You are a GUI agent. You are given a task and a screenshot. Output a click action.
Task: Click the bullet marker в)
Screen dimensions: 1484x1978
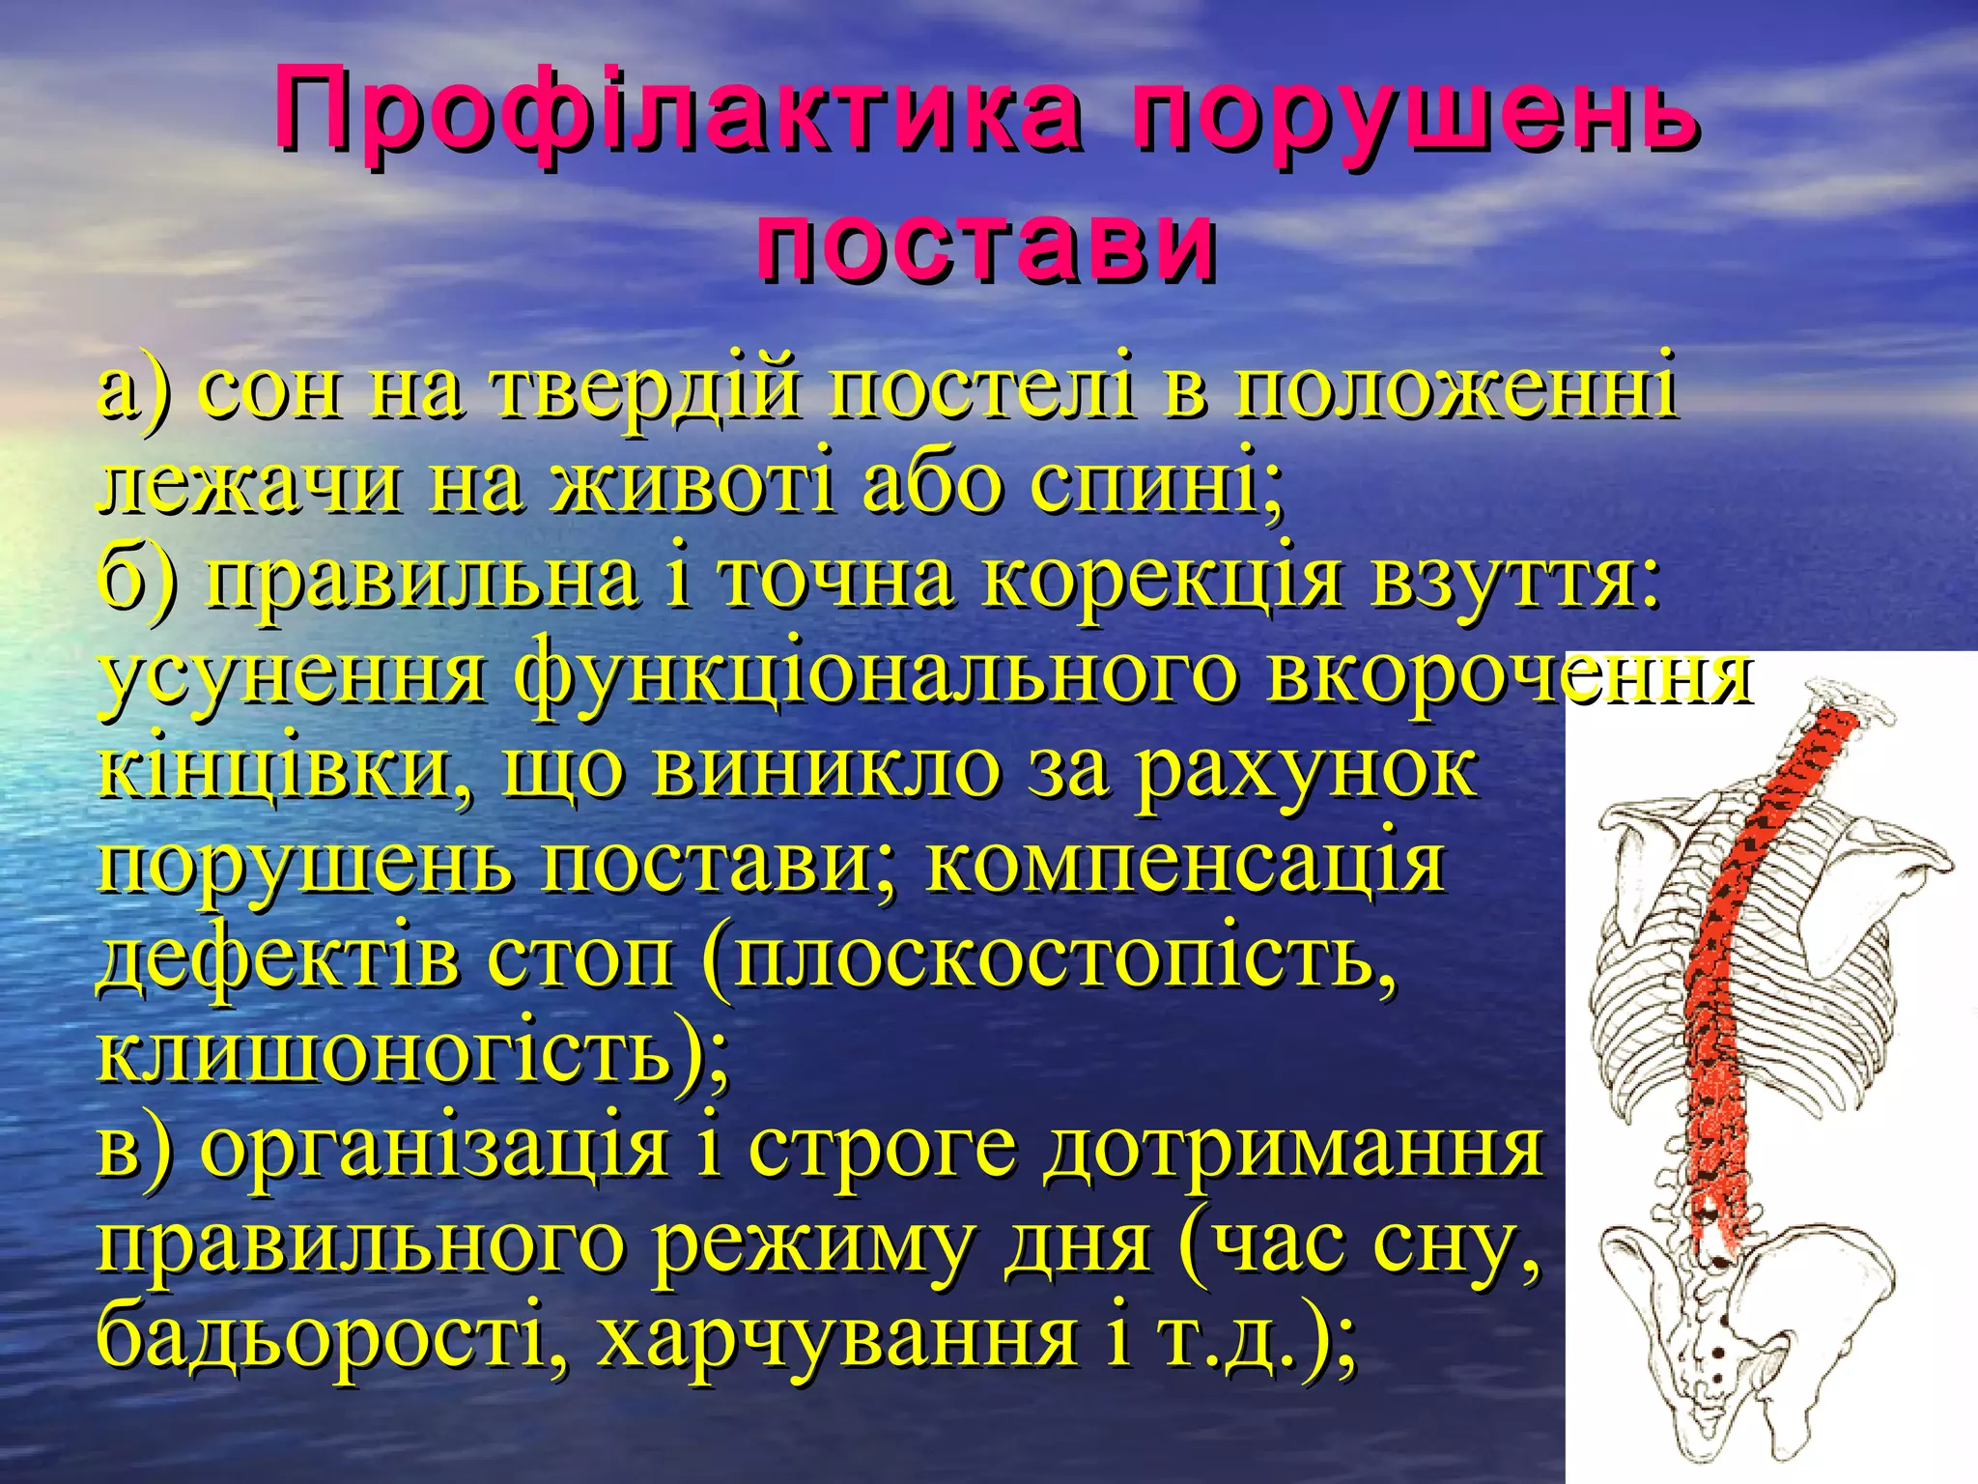point(135,1149)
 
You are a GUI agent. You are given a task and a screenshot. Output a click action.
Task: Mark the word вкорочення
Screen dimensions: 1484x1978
point(1508,676)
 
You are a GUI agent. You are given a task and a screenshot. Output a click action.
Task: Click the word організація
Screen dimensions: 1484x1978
point(434,1149)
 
